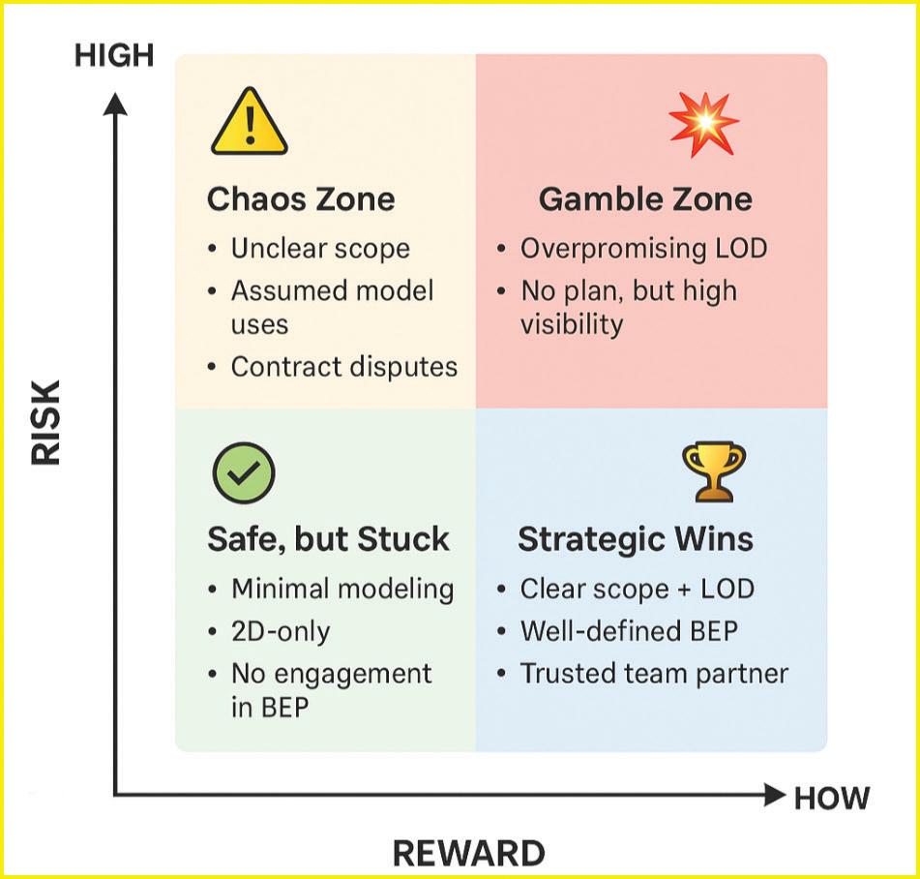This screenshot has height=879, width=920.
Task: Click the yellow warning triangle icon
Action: pos(249,124)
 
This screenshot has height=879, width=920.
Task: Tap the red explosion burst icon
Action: pos(703,123)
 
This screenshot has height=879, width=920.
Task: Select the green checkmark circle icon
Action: pos(243,472)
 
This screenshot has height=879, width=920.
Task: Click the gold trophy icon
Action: pos(713,471)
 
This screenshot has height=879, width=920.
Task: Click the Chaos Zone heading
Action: pos(301,199)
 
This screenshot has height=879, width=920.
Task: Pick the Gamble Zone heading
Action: pos(645,199)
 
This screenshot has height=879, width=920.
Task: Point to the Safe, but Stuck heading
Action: pos(328,539)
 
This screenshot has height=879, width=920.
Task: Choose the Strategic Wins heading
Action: pos(636,539)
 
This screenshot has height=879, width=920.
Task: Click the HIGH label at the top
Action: pos(114,55)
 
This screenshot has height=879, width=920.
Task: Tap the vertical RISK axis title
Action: pos(45,422)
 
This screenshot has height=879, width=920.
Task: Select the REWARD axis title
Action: pos(468,853)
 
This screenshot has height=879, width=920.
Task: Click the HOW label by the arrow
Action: pos(832,798)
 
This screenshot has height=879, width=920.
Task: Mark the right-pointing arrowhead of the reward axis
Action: pos(774,796)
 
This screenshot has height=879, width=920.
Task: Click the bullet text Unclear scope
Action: pos(319,249)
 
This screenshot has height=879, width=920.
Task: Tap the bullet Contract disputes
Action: pos(343,368)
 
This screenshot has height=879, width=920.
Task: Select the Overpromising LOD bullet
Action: pos(643,249)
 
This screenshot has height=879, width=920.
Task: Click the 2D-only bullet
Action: pos(281,632)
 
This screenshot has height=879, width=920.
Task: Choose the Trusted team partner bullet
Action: pos(654,674)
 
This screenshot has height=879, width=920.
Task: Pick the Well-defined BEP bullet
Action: pos(629,632)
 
